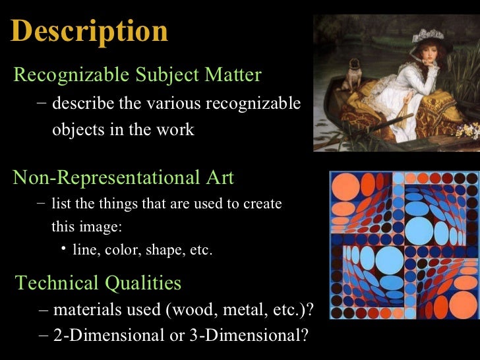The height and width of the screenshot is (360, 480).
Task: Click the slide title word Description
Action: click(90, 32)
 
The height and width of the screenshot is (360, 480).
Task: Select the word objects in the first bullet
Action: click(78, 129)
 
